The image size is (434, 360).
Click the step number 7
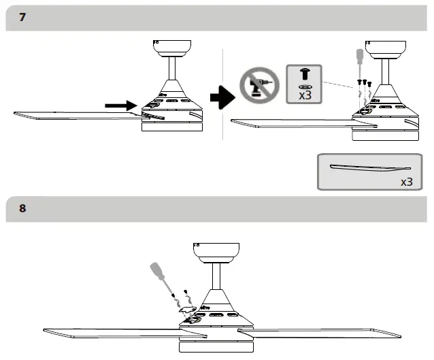(22, 17)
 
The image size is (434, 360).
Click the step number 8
(22, 209)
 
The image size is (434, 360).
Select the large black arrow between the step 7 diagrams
(221, 98)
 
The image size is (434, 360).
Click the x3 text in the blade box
(406, 182)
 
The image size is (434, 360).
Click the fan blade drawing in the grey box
(370, 167)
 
